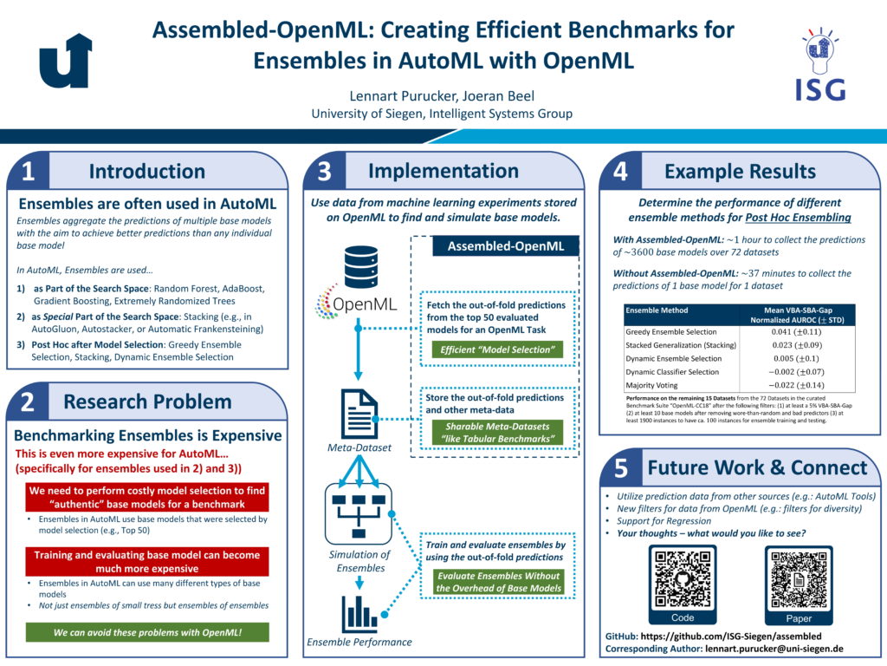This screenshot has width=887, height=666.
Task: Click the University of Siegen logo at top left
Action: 66,61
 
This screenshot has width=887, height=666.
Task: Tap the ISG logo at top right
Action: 819,62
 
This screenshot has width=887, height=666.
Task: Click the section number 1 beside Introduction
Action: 28,172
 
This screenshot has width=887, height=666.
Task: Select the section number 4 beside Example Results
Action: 620,172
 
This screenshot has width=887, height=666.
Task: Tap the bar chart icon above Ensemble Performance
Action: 359,612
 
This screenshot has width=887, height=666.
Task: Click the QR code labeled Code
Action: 683,578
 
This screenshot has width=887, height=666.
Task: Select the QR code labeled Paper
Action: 799,578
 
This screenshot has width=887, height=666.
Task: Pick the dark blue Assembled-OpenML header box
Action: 505,246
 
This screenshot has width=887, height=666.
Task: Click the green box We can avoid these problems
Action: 147,632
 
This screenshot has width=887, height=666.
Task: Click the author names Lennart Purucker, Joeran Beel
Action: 443,95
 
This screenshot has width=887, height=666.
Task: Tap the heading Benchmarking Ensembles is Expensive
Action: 147,435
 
